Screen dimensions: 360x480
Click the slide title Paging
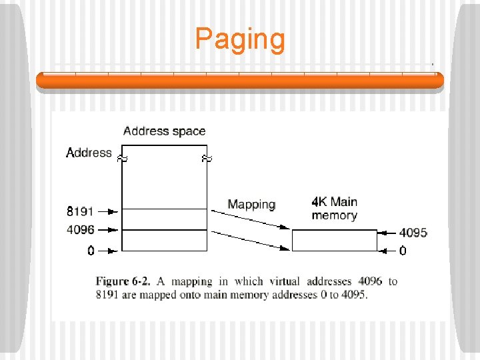point(240,39)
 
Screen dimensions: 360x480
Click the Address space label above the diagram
point(164,131)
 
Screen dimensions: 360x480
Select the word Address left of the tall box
point(89,153)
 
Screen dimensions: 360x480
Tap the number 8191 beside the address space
point(80,211)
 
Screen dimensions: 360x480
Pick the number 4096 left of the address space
point(80,230)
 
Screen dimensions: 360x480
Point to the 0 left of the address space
point(91,251)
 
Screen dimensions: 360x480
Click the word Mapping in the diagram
point(251,204)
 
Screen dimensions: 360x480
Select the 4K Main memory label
point(334,208)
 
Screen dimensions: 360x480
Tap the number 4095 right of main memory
point(413,233)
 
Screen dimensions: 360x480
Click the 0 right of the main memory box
point(403,251)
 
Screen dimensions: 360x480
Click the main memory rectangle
point(335,240)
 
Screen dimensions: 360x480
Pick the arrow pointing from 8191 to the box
point(108,211)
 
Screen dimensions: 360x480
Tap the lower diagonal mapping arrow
point(250,240)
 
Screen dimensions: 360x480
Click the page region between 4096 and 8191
point(164,220)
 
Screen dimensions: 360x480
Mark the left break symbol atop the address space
point(122,159)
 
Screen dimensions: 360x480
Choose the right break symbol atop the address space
point(206,159)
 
